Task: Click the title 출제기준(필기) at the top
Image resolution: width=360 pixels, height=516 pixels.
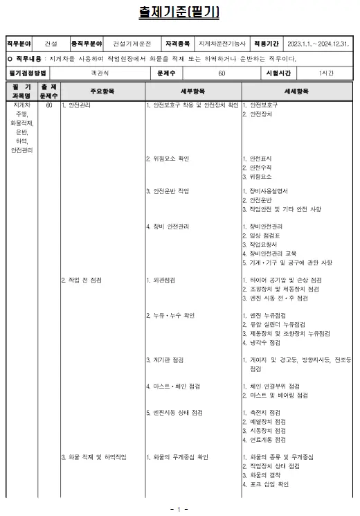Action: [x=179, y=13]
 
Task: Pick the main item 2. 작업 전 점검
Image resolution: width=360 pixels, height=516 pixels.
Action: [x=82, y=280]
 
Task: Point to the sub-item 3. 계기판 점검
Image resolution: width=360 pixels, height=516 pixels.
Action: [x=165, y=359]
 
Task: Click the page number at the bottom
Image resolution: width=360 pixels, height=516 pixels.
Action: [x=179, y=510]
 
